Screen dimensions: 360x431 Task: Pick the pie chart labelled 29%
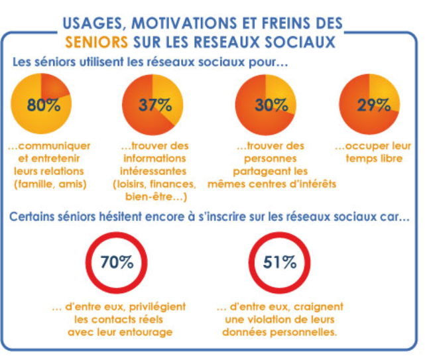pos(369,106)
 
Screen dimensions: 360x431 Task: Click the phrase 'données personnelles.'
pos(280,332)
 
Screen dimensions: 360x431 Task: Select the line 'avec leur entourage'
pos(117,332)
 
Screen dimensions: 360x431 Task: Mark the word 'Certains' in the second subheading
pos(34,217)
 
